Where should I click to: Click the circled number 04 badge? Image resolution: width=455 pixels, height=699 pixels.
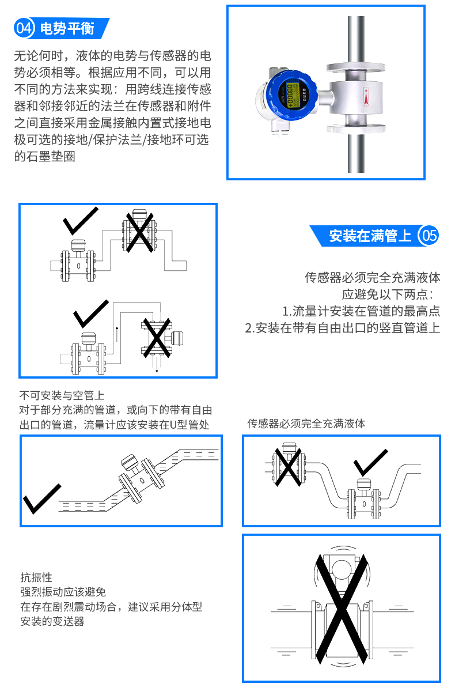click(24, 28)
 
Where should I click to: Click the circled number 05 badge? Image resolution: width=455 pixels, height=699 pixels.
click(429, 236)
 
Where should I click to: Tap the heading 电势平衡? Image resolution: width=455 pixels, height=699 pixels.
click(67, 28)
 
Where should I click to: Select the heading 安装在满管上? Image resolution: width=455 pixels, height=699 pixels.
click(370, 236)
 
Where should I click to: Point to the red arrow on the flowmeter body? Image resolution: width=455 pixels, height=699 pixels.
click(366, 97)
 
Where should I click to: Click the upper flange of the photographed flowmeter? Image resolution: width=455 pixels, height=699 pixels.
click(356, 67)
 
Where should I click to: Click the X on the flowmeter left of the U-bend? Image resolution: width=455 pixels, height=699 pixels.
click(287, 467)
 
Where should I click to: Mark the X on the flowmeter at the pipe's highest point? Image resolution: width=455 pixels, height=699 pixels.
click(139, 232)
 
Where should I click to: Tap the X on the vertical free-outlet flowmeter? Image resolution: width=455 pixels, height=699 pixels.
click(156, 338)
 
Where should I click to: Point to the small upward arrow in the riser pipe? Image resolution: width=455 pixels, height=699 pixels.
click(117, 334)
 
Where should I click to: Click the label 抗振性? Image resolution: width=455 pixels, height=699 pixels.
click(36, 577)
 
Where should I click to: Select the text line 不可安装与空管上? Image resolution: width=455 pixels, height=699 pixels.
click(62, 395)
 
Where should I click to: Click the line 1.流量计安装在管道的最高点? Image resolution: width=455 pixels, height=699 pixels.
click(361, 311)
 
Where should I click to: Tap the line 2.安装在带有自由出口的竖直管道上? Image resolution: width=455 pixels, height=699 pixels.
click(343, 328)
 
